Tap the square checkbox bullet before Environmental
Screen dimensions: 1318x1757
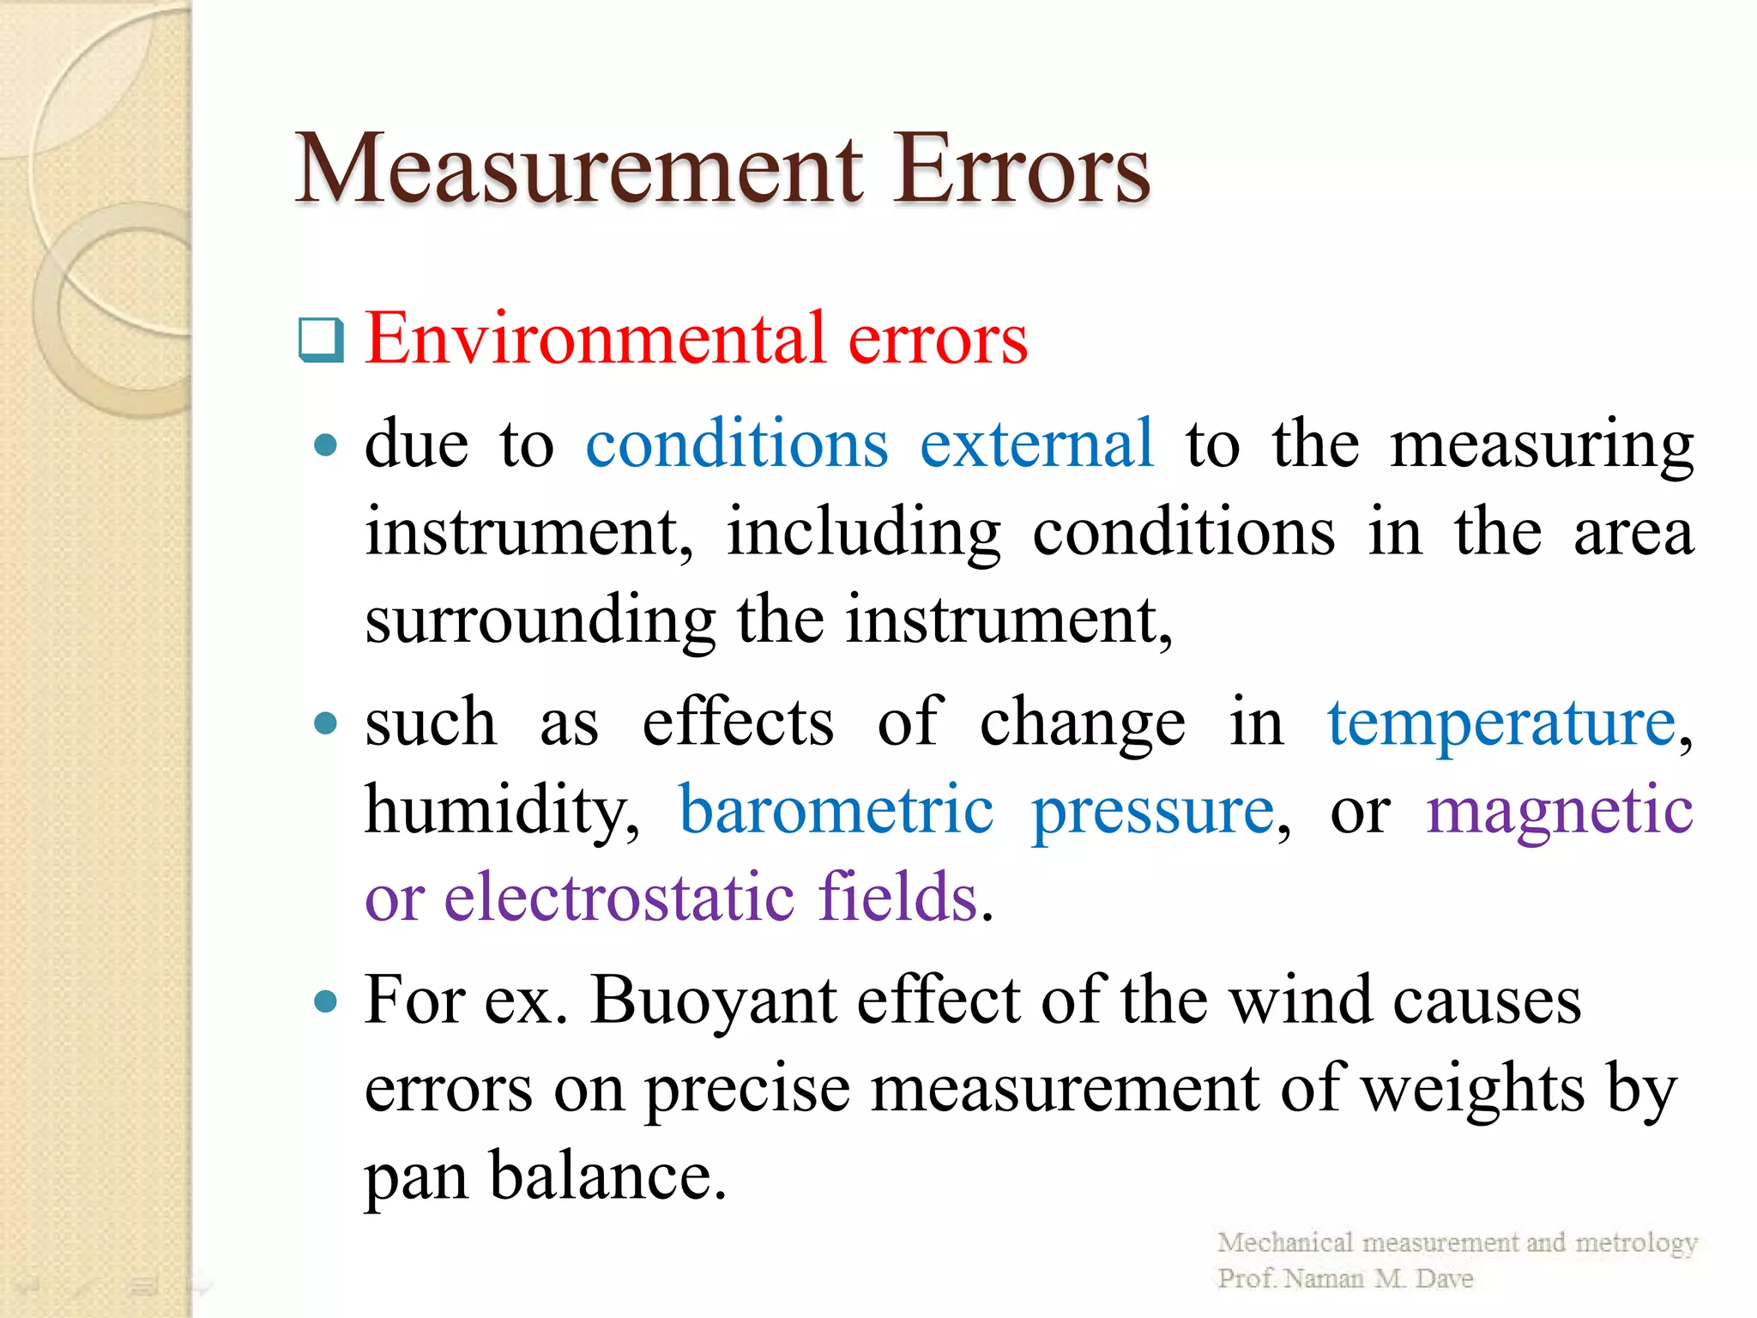321,340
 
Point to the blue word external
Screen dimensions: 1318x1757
1036,444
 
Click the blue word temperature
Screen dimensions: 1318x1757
1501,722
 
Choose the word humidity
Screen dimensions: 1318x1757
502,810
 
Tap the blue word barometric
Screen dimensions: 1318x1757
836,810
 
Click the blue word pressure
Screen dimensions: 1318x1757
1153,812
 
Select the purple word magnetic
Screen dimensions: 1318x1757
1559,812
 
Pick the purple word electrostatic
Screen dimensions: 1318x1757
619,898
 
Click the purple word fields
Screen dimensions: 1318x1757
897,896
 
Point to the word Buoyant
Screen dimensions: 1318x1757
713,1001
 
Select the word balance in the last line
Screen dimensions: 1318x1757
601,1176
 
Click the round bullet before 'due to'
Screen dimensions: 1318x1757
325,444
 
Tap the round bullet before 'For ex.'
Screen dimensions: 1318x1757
325,1001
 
